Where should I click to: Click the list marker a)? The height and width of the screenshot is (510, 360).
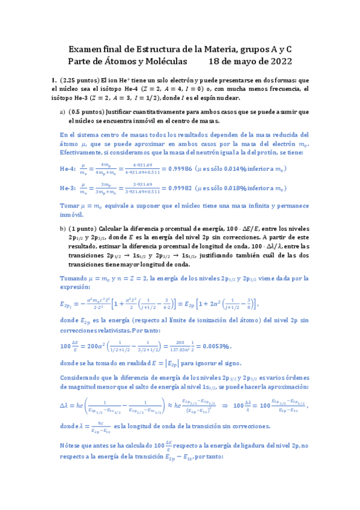click(63, 112)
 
